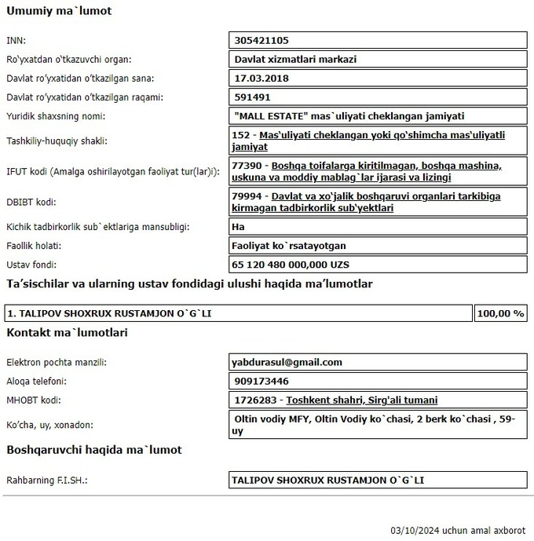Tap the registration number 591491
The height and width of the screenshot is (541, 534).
[x=253, y=97]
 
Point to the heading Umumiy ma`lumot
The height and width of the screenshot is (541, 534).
[x=59, y=11]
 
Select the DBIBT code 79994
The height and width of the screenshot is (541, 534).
[x=249, y=196]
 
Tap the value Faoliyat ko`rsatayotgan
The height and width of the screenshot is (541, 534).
[x=290, y=246]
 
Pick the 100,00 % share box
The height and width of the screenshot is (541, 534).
[x=500, y=313]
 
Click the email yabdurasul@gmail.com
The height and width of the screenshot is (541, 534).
[x=288, y=362]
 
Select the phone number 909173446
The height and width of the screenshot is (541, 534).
[x=261, y=381]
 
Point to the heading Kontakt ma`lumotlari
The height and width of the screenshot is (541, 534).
[x=67, y=332]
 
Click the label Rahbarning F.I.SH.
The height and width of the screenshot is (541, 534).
[x=46, y=480]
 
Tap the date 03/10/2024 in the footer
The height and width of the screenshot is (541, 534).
[x=415, y=530]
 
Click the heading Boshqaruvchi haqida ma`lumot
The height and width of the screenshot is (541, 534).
[x=94, y=450]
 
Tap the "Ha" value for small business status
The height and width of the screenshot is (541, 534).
[x=239, y=227]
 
